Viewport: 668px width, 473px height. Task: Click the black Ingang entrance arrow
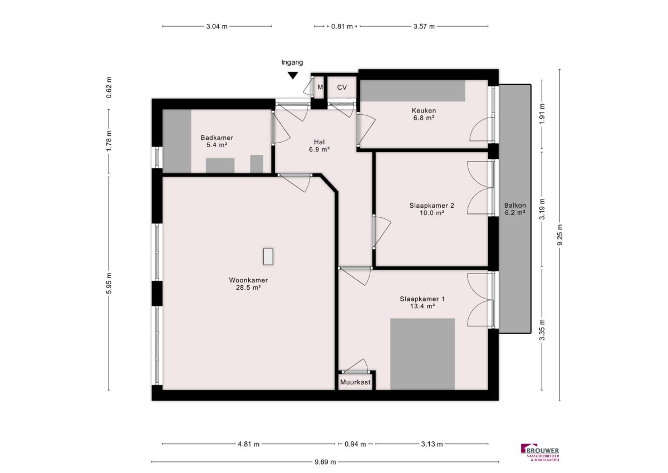tap(293, 76)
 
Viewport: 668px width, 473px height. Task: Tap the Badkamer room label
tap(217, 138)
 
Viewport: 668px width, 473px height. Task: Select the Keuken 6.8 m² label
tap(424, 114)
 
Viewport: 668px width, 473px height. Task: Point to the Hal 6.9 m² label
tap(319, 145)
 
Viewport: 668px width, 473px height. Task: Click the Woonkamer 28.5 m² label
tap(248, 284)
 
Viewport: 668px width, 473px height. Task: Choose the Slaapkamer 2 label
tap(431, 206)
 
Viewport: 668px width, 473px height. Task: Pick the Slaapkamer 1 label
tap(422, 299)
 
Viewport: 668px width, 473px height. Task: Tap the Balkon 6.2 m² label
tap(515, 209)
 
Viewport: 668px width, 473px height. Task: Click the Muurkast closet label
tap(355, 382)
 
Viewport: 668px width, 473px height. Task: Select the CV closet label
tap(342, 87)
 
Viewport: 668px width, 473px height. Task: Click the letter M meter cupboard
tap(320, 87)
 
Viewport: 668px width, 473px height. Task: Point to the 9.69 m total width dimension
tap(325, 462)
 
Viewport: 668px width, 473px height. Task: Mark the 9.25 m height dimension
tap(560, 235)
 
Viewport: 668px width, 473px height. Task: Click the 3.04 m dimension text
tap(217, 27)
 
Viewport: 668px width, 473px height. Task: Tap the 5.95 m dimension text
tap(109, 283)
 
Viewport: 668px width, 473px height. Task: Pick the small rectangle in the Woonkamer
tap(268, 256)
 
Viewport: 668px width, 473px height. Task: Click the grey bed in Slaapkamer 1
tap(423, 354)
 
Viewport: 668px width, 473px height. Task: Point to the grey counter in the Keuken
tap(413, 90)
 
